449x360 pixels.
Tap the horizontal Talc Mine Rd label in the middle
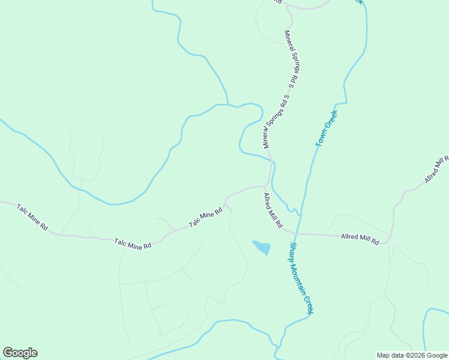133,244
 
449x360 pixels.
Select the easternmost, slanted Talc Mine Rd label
206,217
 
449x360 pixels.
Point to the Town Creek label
327,128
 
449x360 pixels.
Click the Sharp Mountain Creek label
301,278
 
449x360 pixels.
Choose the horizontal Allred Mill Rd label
360,239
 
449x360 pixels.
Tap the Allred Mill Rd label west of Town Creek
273,211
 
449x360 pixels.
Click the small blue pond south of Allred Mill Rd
262,247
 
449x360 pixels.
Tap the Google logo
20,353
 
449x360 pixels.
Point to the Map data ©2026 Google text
412,355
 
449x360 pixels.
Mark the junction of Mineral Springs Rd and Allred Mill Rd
266,186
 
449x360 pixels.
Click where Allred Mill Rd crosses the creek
299,233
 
